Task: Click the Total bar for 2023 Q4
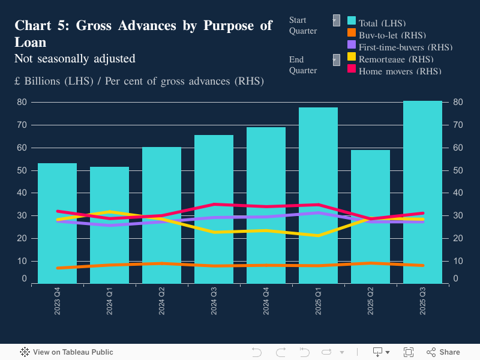pos(57,240)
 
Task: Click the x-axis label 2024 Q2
pos(161,300)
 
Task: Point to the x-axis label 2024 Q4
pos(266,300)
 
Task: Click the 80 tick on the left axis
pos(22,102)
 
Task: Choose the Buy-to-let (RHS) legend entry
pos(387,35)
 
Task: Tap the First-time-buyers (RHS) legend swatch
pos(352,45)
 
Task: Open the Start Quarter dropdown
pos(336,20)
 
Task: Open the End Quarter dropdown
pos(336,59)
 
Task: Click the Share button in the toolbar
pos(443,352)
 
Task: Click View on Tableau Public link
pos(67,352)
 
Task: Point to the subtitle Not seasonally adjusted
pos(74,59)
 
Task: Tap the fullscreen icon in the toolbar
pos(409,352)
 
